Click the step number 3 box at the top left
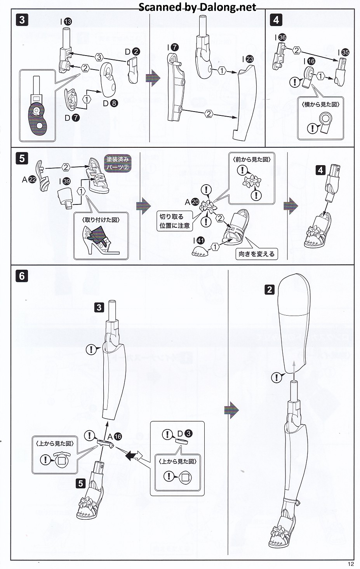click(22, 19)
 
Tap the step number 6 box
click(22, 276)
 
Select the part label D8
click(110, 103)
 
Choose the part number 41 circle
click(200, 241)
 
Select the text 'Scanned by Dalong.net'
click(197, 7)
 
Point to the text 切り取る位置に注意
click(174, 221)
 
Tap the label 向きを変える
click(256, 254)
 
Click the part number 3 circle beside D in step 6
click(189, 434)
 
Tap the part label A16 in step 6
click(115, 436)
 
